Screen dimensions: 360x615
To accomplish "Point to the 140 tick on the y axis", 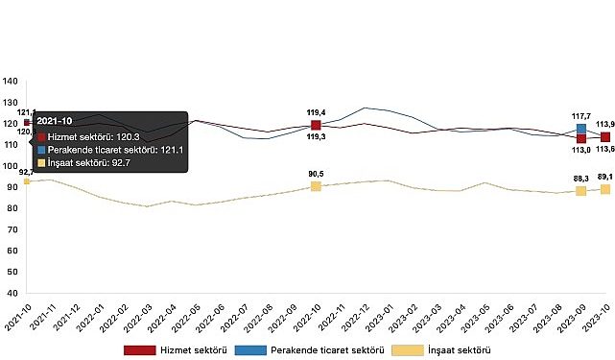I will (11, 81).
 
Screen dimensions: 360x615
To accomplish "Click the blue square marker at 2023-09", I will (581, 129).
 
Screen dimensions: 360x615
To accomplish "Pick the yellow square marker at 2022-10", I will (316, 185).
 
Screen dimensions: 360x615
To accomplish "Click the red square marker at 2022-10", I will (316, 125).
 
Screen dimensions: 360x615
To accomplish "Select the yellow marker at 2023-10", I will (605, 189).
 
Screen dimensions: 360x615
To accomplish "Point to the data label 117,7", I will (580, 115).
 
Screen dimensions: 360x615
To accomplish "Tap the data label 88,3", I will (580, 178).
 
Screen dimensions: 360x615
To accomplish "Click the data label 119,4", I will (316, 111).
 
